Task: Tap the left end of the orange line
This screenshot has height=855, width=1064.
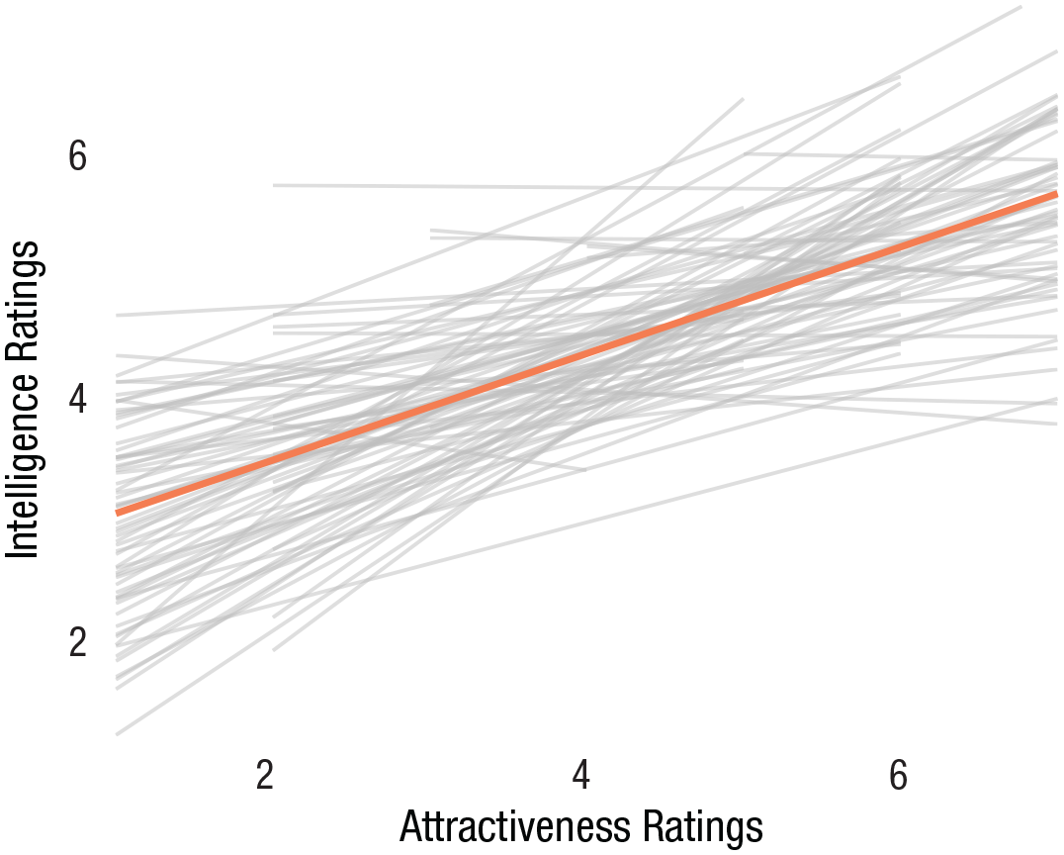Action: [x=118, y=513]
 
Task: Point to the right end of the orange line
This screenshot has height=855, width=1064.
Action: [x=1056, y=195]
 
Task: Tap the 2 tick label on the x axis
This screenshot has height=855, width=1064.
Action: [x=264, y=775]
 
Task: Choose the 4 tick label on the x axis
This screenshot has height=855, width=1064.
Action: [x=581, y=775]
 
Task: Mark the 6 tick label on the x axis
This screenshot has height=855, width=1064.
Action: [x=898, y=775]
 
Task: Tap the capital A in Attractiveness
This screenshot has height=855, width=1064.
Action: [x=409, y=827]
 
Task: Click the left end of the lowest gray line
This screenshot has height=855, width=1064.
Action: [x=118, y=734]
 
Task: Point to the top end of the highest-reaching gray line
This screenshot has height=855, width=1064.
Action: [x=1020, y=8]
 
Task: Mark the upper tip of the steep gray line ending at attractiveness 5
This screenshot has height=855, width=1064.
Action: [x=742, y=99]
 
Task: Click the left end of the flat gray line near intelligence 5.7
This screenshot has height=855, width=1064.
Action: [x=274, y=185]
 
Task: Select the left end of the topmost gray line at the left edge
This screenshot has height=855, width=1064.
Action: [x=118, y=316]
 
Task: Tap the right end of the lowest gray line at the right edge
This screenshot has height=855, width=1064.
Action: [x=1056, y=424]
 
